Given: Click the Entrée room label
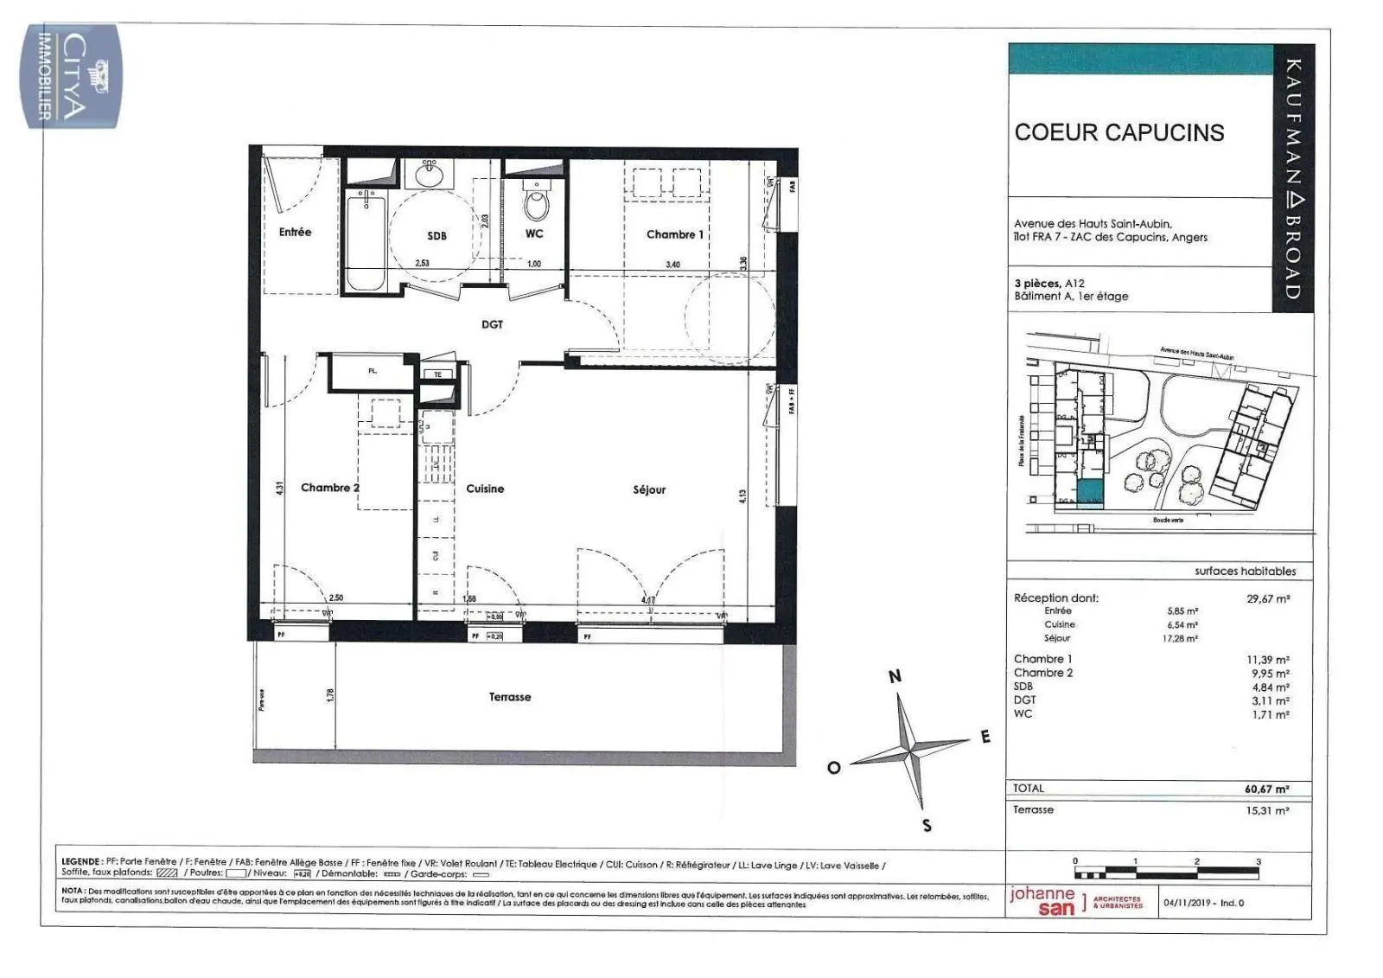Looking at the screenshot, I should click(295, 232).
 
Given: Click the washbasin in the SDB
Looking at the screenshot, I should click(429, 176).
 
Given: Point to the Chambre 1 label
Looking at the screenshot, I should click(674, 234).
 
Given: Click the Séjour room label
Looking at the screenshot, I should click(649, 489).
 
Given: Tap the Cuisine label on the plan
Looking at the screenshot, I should click(485, 489).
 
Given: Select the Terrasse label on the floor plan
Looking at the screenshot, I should click(510, 697).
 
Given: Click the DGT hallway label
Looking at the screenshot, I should click(492, 324).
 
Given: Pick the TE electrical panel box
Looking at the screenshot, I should click(437, 374).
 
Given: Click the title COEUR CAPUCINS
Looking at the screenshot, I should click(1119, 132).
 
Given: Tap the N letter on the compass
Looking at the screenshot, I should click(895, 676).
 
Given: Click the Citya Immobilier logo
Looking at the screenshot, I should click(71, 78).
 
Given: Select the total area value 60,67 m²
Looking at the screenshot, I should click(1266, 789).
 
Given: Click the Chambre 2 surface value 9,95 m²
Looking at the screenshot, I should click(1270, 673).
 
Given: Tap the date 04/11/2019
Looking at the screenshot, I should click(1187, 903).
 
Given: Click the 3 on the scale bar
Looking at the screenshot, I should click(1259, 861).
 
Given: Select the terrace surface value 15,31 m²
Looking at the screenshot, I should click(1266, 810).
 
